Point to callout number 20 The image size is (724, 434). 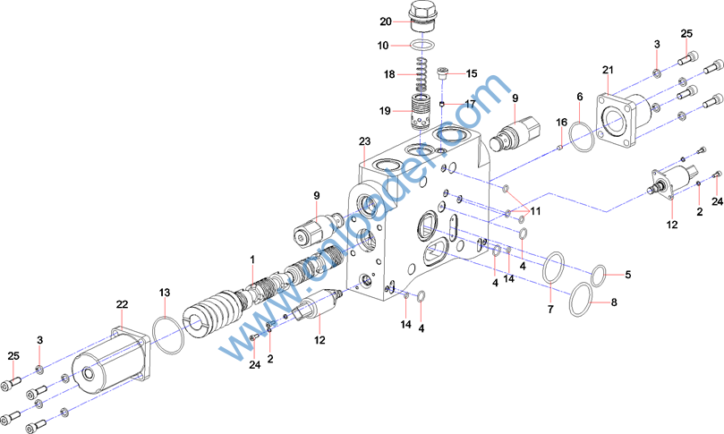click(x=386, y=21)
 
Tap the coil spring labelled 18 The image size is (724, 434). click(x=422, y=72)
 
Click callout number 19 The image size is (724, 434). click(x=386, y=111)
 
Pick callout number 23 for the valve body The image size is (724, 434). click(x=364, y=141)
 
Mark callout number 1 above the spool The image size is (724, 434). click(x=253, y=260)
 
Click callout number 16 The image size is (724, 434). click(x=562, y=122)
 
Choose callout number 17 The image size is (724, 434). click(x=470, y=104)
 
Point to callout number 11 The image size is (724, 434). click(x=535, y=211)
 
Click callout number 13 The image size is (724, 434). click(x=164, y=293)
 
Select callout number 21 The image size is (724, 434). click(x=607, y=70)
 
